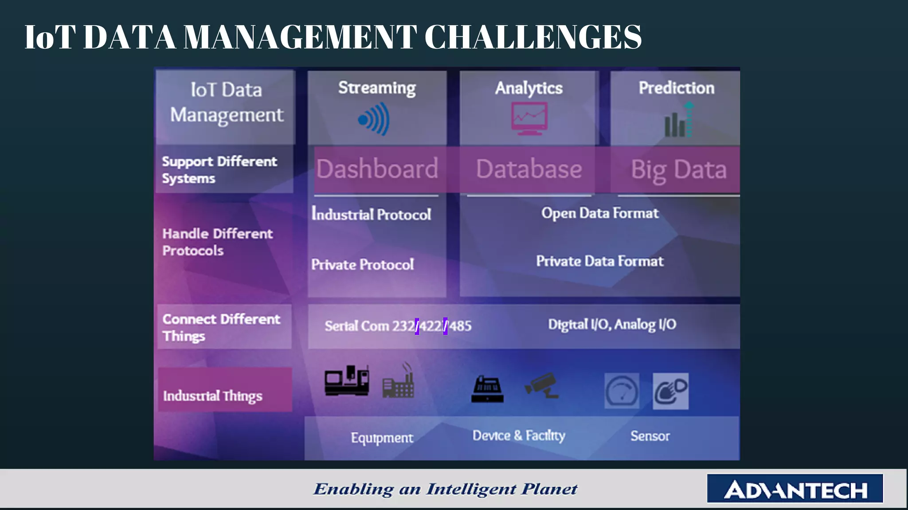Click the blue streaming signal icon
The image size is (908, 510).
coord(374,119)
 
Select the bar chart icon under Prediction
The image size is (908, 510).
coord(678,121)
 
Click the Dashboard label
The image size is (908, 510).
coord(377,169)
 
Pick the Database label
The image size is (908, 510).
coord(529,169)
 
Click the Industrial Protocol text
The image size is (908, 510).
coord(371,214)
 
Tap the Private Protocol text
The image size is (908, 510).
coord(363,265)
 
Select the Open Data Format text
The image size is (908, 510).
coord(600,213)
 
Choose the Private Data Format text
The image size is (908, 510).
coord(600,261)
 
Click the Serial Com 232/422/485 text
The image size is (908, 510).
coord(398,326)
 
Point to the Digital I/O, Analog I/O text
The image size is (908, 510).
coord(612,325)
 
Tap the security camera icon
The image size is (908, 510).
coord(542,385)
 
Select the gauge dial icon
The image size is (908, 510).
coord(622,391)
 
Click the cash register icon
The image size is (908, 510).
coord(487,389)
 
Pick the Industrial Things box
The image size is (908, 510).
coord(225,390)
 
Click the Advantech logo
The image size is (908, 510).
coord(795,489)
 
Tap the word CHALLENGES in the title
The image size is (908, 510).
coord(533,37)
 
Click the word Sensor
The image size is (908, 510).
coord(650,436)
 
